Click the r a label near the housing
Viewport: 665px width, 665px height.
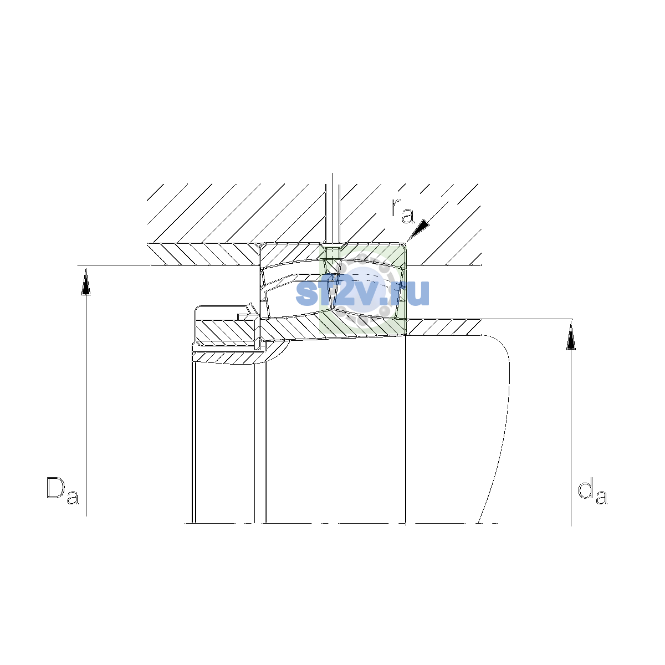(402, 211)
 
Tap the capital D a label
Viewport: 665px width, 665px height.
(63, 490)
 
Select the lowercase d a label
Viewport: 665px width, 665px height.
(592, 490)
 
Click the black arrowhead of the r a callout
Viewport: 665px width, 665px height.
(418, 230)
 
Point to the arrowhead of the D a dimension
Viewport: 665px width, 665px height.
(86, 282)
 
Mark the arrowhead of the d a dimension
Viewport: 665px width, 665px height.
(571, 336)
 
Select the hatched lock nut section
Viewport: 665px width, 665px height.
(226, 331)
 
